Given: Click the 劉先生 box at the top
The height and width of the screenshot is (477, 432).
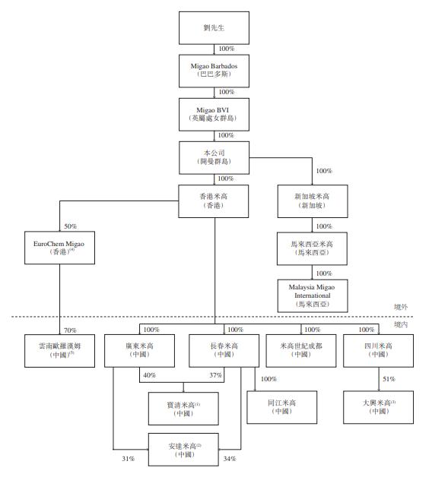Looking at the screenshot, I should [x=215, y=27].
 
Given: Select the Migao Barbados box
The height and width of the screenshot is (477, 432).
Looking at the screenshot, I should [x=215, y=70].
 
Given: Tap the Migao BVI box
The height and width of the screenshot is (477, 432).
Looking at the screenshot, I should [x=215, y=115].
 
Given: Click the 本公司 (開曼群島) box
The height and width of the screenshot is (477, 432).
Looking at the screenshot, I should [x=215, y=158].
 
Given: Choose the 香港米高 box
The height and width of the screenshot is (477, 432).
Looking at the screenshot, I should [x=215, y=201].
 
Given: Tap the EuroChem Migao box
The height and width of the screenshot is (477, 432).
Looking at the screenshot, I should [x=59, y=246].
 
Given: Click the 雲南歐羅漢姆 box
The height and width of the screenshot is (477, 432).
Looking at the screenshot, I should [x=59, y=349].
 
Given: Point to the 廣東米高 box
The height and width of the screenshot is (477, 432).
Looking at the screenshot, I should [x=138, y=349].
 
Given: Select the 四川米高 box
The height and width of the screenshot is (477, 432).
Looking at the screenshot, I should [x=378, y=349].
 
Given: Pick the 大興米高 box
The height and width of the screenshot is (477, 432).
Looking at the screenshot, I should [x=378, y=406].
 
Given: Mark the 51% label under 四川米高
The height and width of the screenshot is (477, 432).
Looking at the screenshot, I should [x=389, y=379].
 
